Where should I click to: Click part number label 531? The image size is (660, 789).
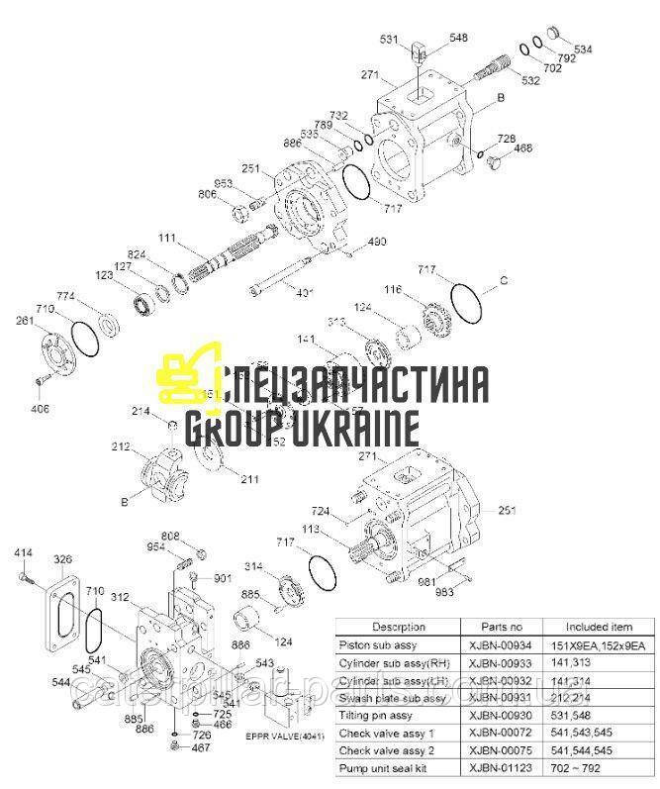(x=391, y=40)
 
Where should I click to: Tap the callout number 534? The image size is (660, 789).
(x=584, y=49)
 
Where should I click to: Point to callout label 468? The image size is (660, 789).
(x=522, y=148)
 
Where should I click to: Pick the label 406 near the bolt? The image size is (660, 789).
(x=41, y=408)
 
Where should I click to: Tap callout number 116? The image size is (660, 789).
(x=394, y=289)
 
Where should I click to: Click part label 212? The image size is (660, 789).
(x=120, y=447)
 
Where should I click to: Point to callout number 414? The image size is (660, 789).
(x=23, y=551)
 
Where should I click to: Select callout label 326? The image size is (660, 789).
(x=62, y=559)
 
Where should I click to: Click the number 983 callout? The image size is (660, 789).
(x=445, y=592)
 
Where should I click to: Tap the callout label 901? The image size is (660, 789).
(x=222, y=577)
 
